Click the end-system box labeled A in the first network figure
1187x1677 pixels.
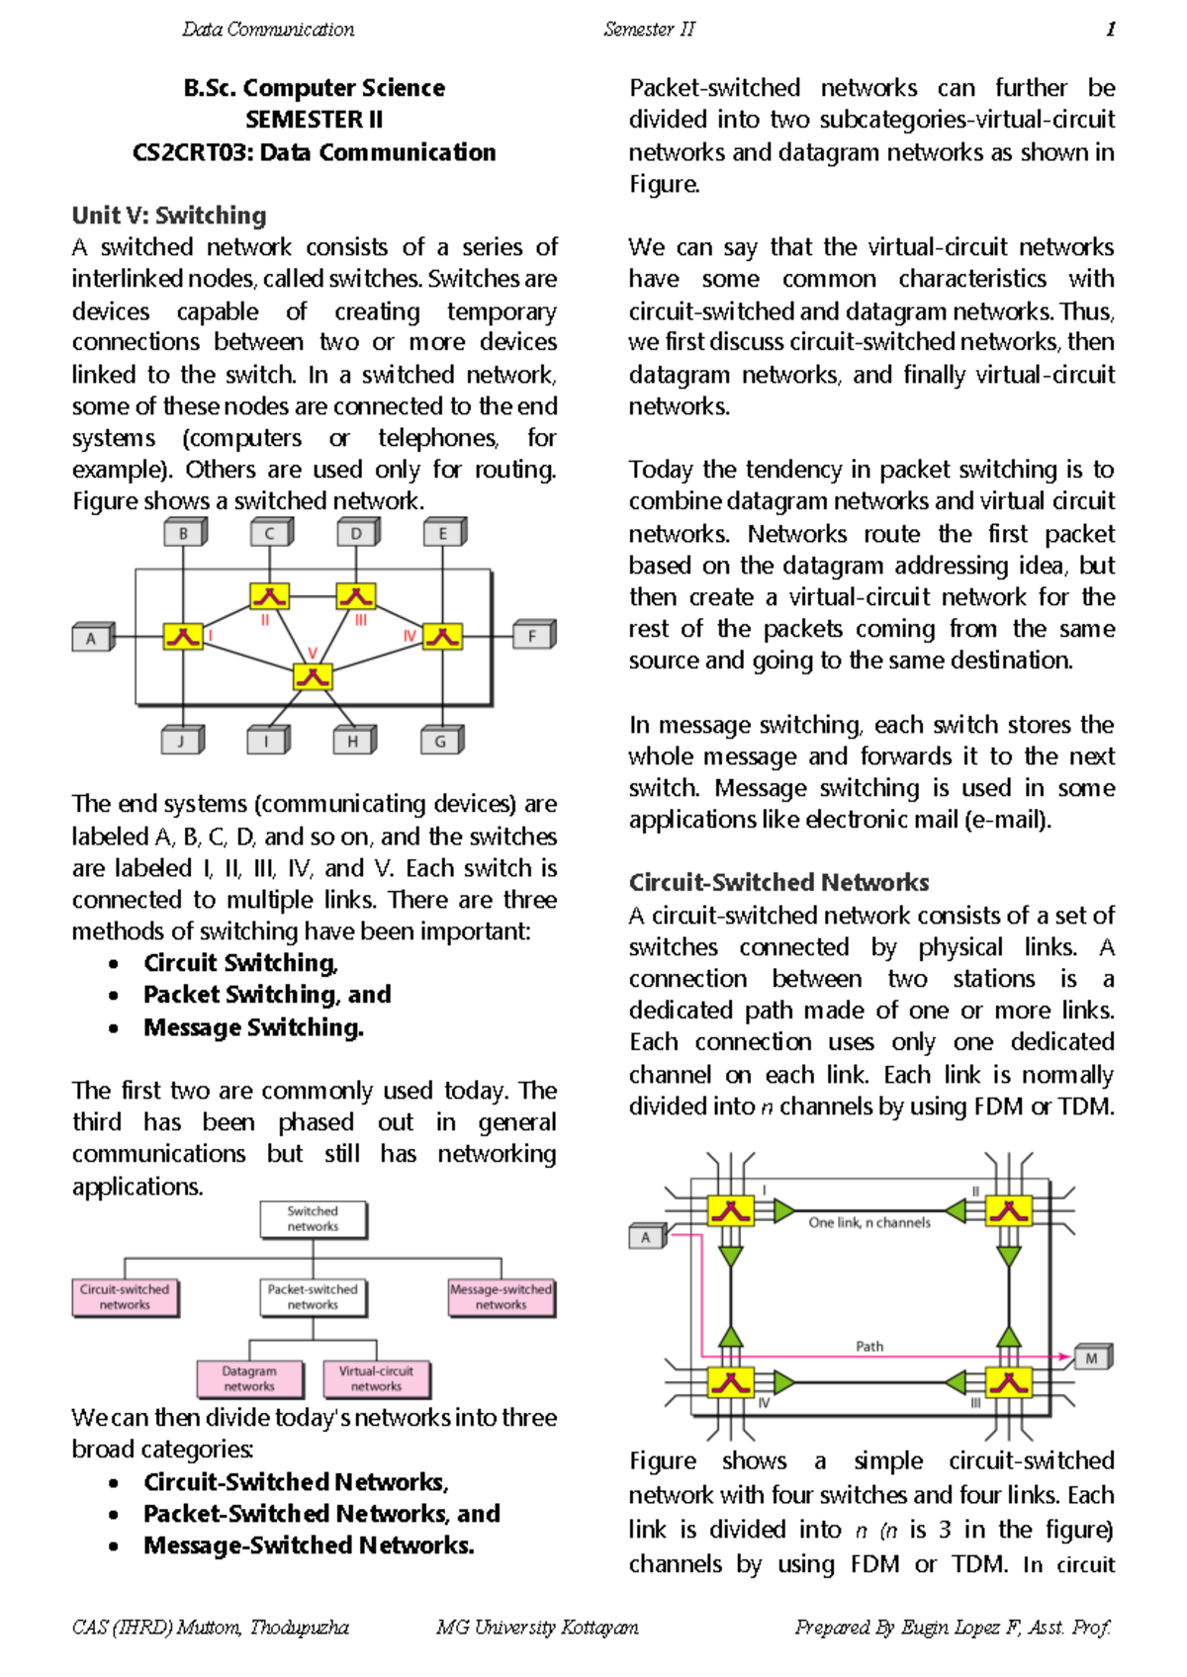92,638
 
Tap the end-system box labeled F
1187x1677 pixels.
533,636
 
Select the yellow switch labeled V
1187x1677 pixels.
313,677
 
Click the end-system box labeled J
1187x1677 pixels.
181,741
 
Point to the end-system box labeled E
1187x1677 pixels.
443,533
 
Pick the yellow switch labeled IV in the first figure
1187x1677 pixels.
442,636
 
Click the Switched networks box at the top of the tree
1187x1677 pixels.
313,1219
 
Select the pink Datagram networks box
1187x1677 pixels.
249,1379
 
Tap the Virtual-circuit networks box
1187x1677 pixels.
376,1379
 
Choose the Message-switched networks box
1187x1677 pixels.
501,1297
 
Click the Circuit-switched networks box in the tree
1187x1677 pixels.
125,1297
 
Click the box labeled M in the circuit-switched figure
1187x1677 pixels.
1092,1359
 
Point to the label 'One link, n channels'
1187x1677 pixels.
869,1223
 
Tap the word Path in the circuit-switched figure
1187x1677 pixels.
869,1347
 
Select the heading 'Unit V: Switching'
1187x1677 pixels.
169,216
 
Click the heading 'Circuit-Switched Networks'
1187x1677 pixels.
778,882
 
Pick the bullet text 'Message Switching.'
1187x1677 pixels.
253,1027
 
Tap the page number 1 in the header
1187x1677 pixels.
1110,30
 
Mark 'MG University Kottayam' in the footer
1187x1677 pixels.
537,1627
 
